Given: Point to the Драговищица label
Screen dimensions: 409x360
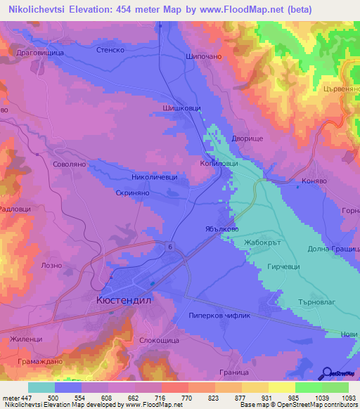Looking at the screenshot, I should [x=41, y=53].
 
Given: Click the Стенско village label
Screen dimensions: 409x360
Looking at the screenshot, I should [x=110, y=50].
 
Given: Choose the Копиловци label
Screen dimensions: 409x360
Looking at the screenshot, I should [x=219, y=163].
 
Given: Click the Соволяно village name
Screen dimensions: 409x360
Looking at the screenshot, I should [x=69, y=164].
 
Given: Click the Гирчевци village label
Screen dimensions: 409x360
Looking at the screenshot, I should [x=285, y=267].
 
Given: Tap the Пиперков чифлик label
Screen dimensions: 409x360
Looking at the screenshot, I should [x=221, y=316].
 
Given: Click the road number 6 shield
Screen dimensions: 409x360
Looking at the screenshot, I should [x=171, y=246].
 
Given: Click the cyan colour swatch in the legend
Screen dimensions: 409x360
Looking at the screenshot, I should [x=41, y=387].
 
